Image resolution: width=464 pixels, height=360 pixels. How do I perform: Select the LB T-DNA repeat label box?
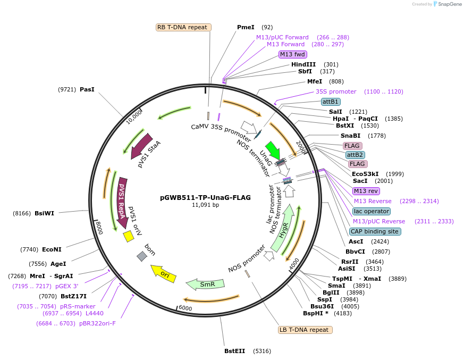point(306,330)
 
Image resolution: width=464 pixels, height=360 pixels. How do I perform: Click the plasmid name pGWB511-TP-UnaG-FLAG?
point(205,197)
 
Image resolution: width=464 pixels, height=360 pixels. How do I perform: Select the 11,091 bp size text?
point(205,205)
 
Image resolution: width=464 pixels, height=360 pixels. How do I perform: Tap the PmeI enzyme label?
point(246,27)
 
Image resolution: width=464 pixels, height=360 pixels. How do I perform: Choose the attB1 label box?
point(331,102)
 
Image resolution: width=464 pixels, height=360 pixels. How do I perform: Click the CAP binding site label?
point(375,231)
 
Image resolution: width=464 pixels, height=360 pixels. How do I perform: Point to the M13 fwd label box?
point(293,54)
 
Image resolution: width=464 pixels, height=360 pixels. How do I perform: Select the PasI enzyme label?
point(87,89)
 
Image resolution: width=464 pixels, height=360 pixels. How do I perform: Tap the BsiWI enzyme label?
point(44,213)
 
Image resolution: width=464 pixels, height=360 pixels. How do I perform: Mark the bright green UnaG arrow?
point(273,150)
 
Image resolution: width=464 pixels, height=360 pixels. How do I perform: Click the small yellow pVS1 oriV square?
point(128,236)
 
